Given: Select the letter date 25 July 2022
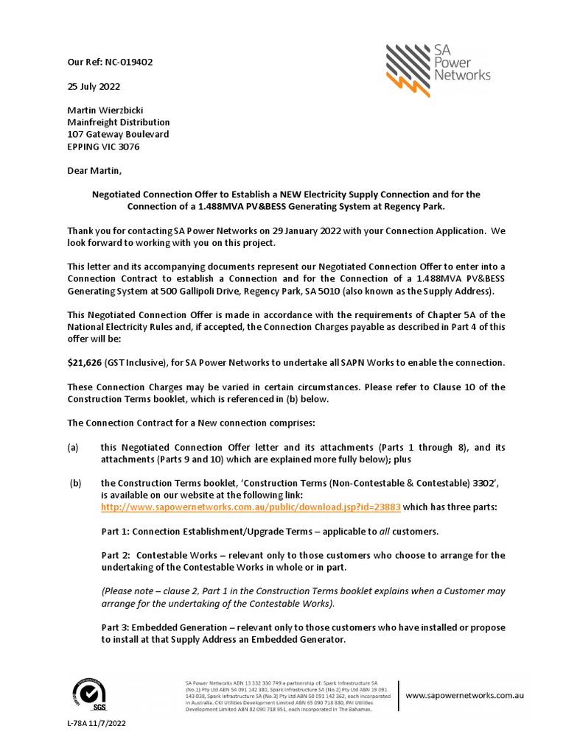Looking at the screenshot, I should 94,86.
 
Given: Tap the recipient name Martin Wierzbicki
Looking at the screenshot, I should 106,110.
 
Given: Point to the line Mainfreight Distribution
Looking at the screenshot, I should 118,122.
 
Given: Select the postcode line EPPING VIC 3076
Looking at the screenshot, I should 103,147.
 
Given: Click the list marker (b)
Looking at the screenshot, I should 75,483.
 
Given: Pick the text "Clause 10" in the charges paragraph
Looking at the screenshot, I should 464,387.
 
